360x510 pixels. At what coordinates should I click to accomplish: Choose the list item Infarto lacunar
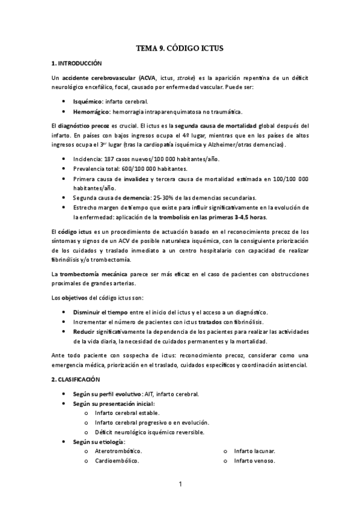pyautogui.click(x=255, y=450)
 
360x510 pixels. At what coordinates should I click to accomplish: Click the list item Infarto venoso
pyautogui.click(x=255, y=461)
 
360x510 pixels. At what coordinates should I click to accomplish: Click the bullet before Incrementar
pyautogui.click(x=64, y=322)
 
